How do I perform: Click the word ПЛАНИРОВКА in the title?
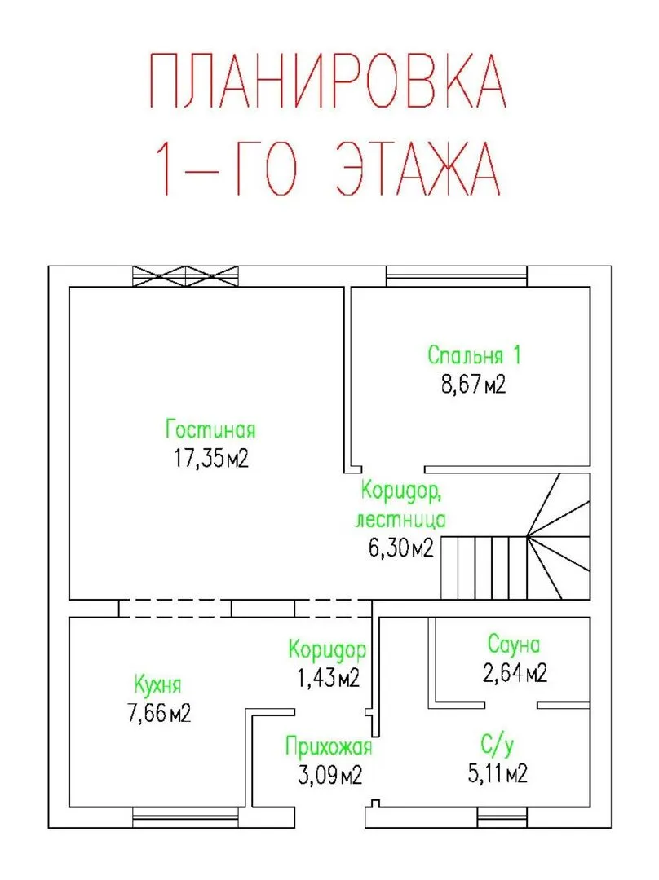(x=328, y=80)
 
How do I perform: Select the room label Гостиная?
(x=210, y=429)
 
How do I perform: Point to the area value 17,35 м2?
(x=210, y=459)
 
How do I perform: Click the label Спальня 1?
(x=474, y=355)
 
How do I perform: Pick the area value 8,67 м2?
(x=473, y=385)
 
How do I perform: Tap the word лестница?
(x=400, y=519)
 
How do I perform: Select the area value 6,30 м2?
(x=401, y=548)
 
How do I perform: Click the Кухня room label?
(x=158, y=685)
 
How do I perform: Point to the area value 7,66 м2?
(x=159, y=713)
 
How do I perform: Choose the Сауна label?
(x=514, y=645)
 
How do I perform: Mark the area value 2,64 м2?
(x=515, y=672)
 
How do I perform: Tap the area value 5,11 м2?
(x=498, y=773)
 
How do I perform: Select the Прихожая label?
(x=329, y=747)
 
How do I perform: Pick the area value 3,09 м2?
(x=329, y=775)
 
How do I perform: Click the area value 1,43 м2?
(x=328, y=677)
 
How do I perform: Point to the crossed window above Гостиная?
(x=185, y=276)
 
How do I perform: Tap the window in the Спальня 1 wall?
(x=457, y=276)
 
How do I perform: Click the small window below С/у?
(x=502, y=817)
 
